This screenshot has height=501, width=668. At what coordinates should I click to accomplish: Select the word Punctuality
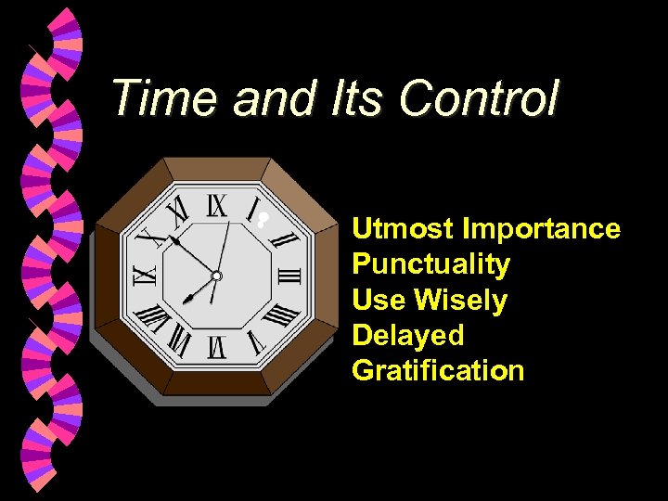pyautogui.click(x=431, y=264)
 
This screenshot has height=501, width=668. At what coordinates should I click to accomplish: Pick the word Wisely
pyautogui.click(x=461, y=300)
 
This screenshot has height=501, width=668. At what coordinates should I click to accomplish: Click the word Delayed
pyautogui.click(x=408, y=335)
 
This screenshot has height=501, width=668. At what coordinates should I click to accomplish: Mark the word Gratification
pyautogui.click(x=438, y=370)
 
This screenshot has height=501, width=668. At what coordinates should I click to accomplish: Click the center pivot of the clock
pyautogui.click(x=216, y=276)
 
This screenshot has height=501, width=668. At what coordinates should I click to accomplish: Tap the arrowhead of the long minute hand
pyautogui.click(x=173, y=240)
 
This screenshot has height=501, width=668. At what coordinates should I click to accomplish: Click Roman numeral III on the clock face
pyautogui.click(x=289, y=276)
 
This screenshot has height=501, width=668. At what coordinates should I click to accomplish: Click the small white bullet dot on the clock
pyautogui.click(x=263, y=221)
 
